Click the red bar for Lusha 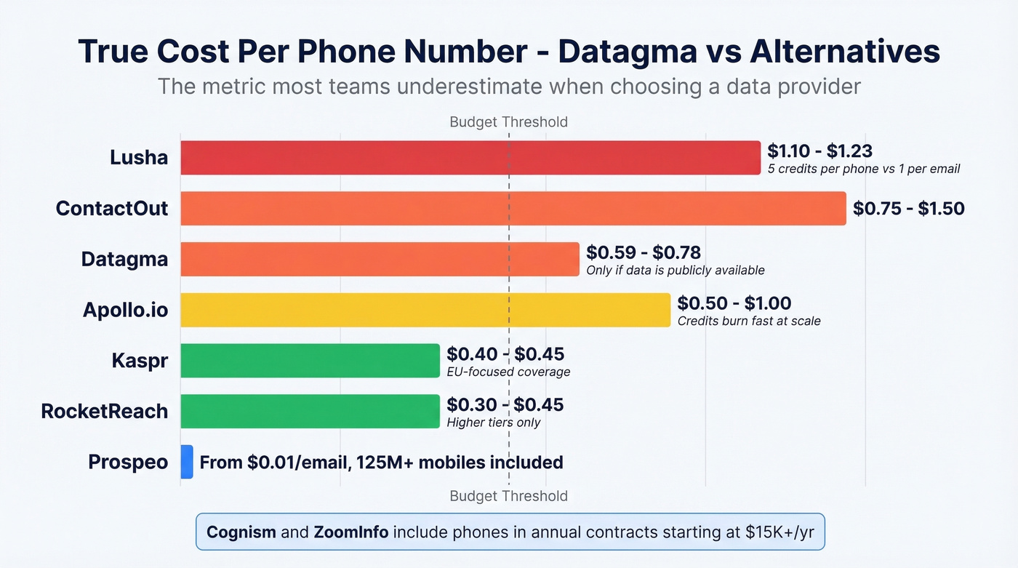coord(470,158)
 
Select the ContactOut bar coord(513,209)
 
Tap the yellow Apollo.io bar coord(425,310)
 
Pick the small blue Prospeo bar coord(187,462)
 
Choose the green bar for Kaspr coord(310,361)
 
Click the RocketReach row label coord(105,411)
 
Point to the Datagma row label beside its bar coord(124,260)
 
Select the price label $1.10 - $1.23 coord(819,151)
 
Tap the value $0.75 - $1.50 coord(908,209)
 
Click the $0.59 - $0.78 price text coord(644,252)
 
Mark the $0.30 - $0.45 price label coord(505,404)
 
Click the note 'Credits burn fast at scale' coord(749,321)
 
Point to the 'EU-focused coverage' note coord(508,372)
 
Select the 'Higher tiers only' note coord(494,423)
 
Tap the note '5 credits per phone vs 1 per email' coord(864,169)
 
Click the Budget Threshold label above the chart coord(508,121)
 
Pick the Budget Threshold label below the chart coord(508,496)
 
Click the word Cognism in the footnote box coord(241,532)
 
